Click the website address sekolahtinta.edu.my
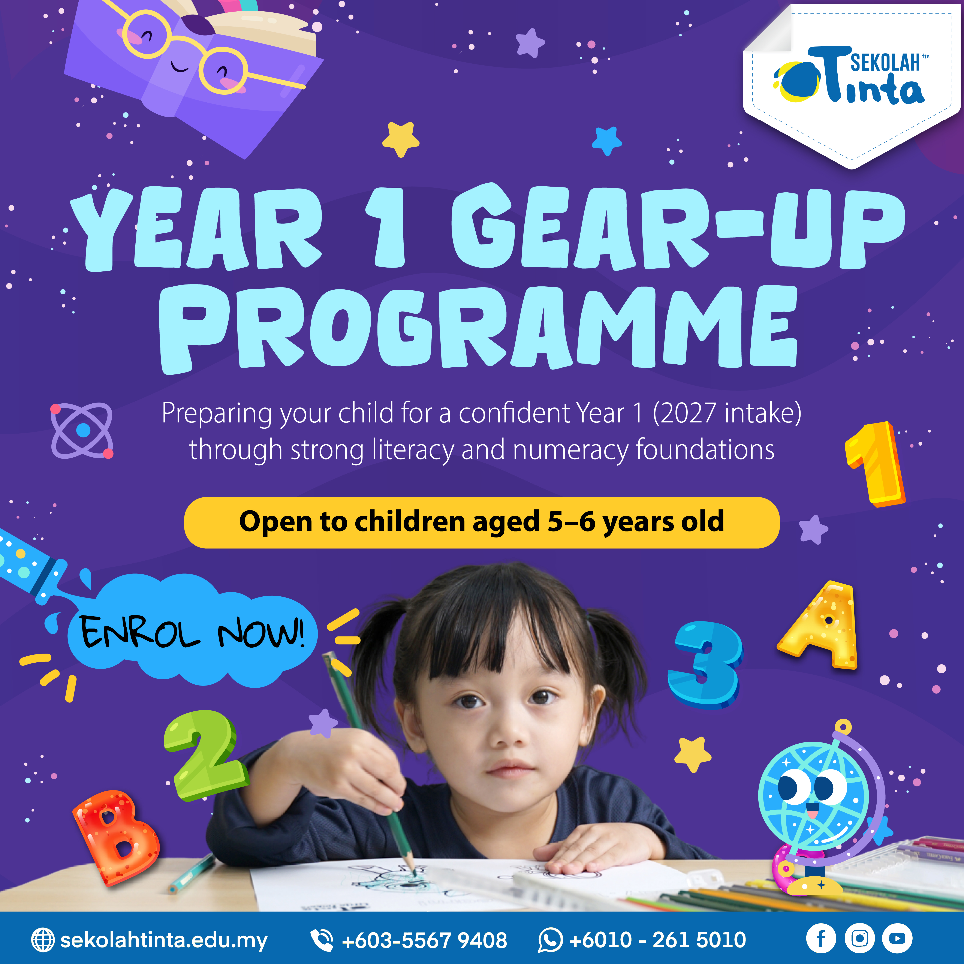coord(164,940)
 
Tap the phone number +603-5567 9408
coord(424,940)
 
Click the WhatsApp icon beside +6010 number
coord(550,940)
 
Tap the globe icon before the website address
coord(43,940)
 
